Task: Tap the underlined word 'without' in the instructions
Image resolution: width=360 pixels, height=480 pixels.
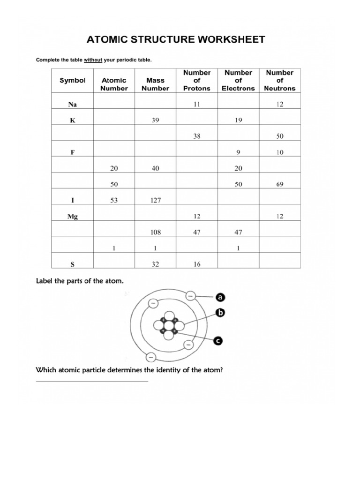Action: click(x=94, y=60)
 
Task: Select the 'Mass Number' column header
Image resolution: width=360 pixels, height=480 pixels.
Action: click(x=155, y=84)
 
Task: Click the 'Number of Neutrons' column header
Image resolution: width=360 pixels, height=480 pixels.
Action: click(x=279, y=80)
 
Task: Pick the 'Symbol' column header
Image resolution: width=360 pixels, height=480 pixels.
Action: click(x=73, y=81)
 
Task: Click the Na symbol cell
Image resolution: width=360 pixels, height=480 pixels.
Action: click(x=73, y=105)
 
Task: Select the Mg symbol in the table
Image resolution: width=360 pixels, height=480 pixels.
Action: click(x=73, y=217)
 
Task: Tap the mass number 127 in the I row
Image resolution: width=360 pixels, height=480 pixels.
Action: click(x=155, y=201)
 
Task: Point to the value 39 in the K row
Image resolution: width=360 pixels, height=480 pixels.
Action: click(x=155, y=120)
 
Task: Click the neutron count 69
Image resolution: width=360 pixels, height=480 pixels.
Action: click(x=279, y=185)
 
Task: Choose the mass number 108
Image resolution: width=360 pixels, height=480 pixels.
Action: click(x=155, y=232)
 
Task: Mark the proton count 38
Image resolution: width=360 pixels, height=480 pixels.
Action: click(x=197, y=136)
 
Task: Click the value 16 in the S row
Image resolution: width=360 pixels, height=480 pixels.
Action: click(x=197, y=264)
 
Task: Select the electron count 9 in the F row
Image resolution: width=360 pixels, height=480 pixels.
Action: click(x=238, y=152)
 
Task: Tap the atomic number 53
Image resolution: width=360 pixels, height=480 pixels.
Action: click(x=114, y=201)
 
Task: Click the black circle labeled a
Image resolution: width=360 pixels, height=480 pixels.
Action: click(x=220, y=297)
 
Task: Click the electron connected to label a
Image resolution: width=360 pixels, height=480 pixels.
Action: click(x=190, y=296)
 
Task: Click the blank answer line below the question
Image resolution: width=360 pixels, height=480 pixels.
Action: click(x=92, y=381)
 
